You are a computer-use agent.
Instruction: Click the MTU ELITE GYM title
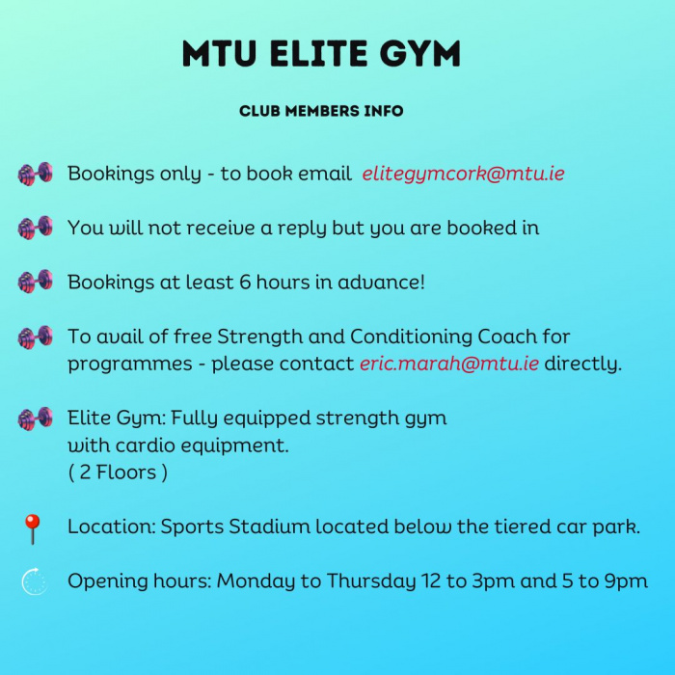pyautogui.click(x=321, y=53)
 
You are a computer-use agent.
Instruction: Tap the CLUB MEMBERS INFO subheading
pyautogui.click(x=321, y=111)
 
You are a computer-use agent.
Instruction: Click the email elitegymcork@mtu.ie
pyautogui.click(x=463, y=174)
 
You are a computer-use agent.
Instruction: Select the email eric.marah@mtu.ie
pyautogui.click(x=449, y=364)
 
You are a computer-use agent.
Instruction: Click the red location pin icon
pyautogui.click(x=32, y=528)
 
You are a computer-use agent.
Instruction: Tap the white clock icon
pyautogui.click(x=35, y=581)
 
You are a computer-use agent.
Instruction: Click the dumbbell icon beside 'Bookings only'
pyautogui.click(x=36, y=174)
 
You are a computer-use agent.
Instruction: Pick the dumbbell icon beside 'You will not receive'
pyautogui.click(x=36, y=228)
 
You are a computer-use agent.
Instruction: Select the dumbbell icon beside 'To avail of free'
pyautogui.click(x=36, y=337)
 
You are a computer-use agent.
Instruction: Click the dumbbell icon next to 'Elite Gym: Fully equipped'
pyautogui.click(x=36, y=418)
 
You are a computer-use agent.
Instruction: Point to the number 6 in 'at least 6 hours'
pyautogui.click(x=245, y=283)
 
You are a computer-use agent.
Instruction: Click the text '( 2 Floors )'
pyautogui.click(x=118, y=472)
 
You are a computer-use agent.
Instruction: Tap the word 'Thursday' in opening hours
pyautogui.click(x=371, y=581)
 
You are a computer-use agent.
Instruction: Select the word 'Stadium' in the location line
pyautogui.click(x=269, y=526)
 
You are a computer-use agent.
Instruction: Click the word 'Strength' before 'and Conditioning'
pyautogui.click(x=260, y=337)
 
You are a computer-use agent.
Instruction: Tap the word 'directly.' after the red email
pyautogui.click(x=583, y=364)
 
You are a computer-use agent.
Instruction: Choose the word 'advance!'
pyautogui.click(x=382, y=283)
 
